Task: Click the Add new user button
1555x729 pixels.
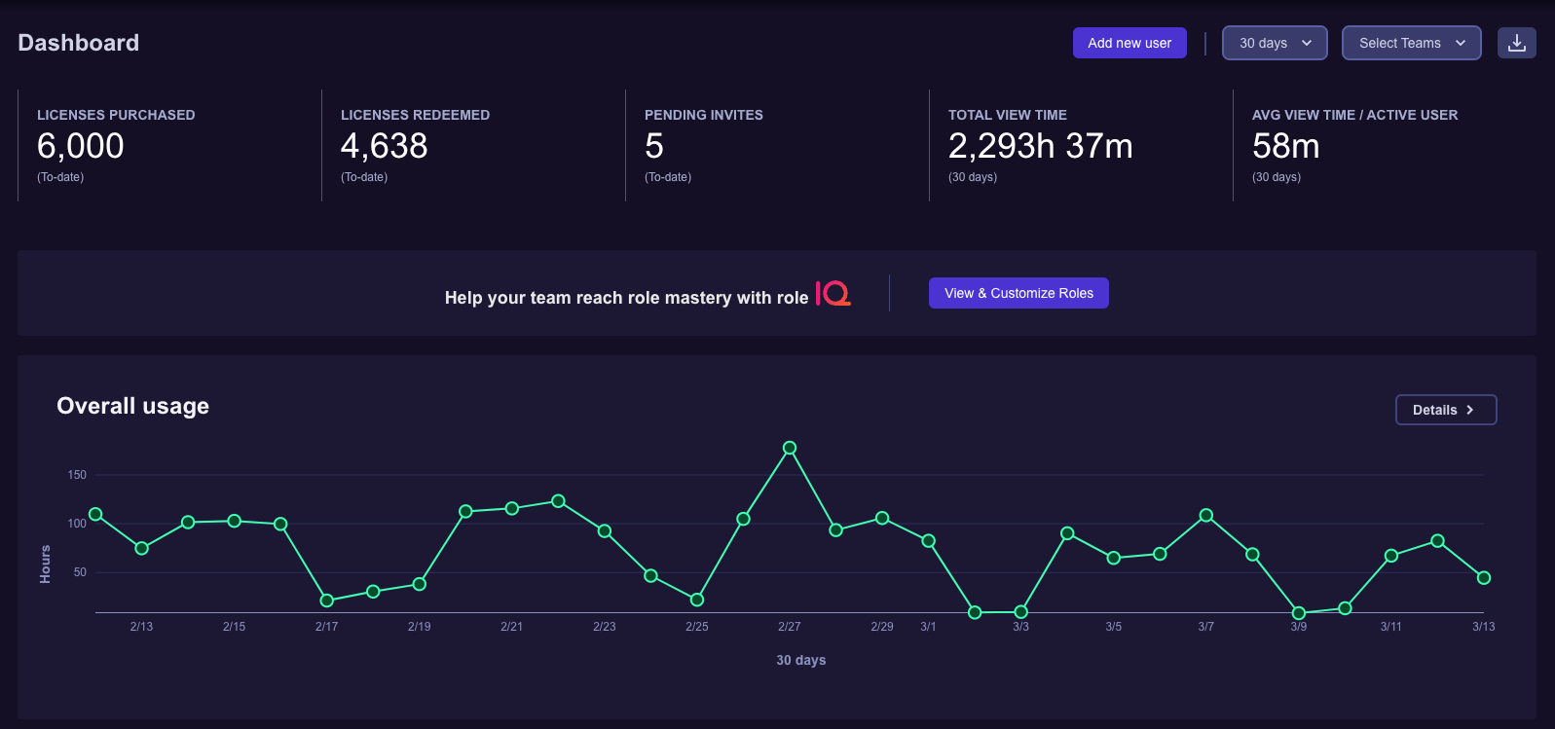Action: coord(1129,43)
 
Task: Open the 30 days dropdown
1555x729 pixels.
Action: coord(1275,43)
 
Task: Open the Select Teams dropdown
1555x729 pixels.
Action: coord(1411,43)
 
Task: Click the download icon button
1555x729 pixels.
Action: coord(1516,43)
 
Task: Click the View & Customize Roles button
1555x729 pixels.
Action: coord(1018,293)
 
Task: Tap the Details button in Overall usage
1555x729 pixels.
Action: coord(1445,410)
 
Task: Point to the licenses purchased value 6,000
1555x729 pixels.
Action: coord(81,146)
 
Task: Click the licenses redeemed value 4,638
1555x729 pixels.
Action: coord(385,146)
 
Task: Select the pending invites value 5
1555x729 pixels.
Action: coord(654,146)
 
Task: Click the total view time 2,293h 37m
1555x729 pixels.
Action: coord(1040,146)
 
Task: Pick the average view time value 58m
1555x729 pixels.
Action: coord(1285,146)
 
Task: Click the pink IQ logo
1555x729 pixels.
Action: coord(833,293)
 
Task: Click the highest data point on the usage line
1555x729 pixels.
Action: coord(790,448)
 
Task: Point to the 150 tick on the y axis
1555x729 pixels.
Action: coord(77,475)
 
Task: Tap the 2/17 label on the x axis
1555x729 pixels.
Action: coord(326,627)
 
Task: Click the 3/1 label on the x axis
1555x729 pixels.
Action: coord(928,627)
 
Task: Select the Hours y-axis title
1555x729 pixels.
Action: coord(45,565)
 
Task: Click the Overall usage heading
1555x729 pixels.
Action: coord(133,406)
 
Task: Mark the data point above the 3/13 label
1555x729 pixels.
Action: coord(1483,578)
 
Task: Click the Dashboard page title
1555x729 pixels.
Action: coord(79,43)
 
